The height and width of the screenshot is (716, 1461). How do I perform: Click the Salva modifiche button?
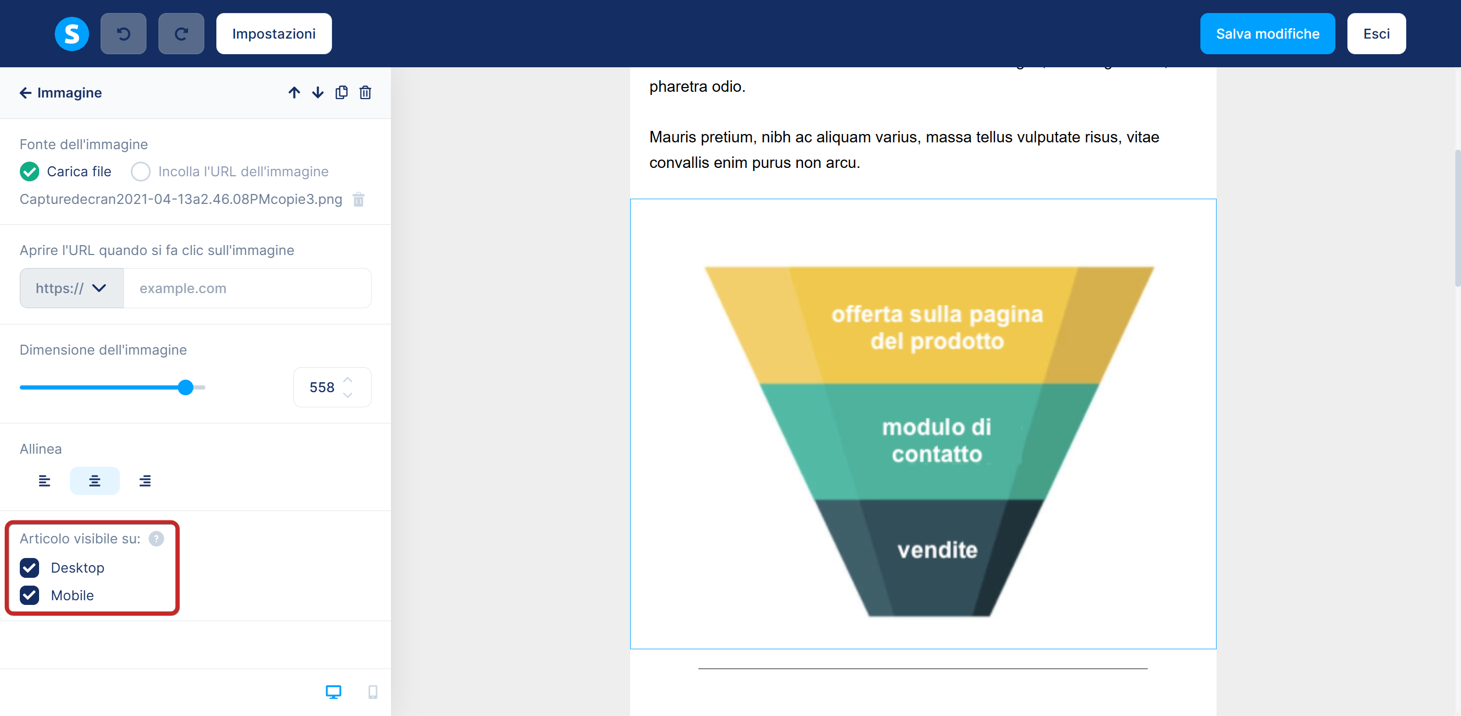[x=1267, y=33]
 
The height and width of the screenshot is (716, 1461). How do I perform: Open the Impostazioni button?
[x=274, y=33]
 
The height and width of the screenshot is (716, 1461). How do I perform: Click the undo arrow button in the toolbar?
[x=123, y=33]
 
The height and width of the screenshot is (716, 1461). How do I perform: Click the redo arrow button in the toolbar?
[x=181, y=33]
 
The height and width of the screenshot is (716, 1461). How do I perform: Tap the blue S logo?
[x=71, y=33]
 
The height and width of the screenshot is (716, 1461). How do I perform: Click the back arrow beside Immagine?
[x=25, y=92]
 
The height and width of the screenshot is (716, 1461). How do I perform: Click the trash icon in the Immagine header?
[x=365, y=92]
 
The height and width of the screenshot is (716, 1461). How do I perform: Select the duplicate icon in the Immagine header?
[x=341, y=92]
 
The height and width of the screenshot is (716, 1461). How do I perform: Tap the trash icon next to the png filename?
[x=359, y=200]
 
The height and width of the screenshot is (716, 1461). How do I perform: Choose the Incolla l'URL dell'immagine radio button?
[x=141, y=172]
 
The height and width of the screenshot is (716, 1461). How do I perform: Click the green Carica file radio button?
[x=30, y=172]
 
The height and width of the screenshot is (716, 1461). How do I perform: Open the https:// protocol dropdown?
[x=71, y=288]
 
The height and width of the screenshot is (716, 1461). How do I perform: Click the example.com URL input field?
[x=247, y=288]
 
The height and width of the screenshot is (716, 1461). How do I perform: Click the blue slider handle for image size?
[x=186, y=387]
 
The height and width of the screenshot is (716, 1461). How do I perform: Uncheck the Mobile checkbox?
[x=30, y=595]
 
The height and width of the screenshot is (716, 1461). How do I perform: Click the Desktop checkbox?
[x=30, y=567]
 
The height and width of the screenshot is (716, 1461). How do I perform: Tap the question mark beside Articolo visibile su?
[x=156, y=538]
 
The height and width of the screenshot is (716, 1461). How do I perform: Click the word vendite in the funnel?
[x=938, y=550]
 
